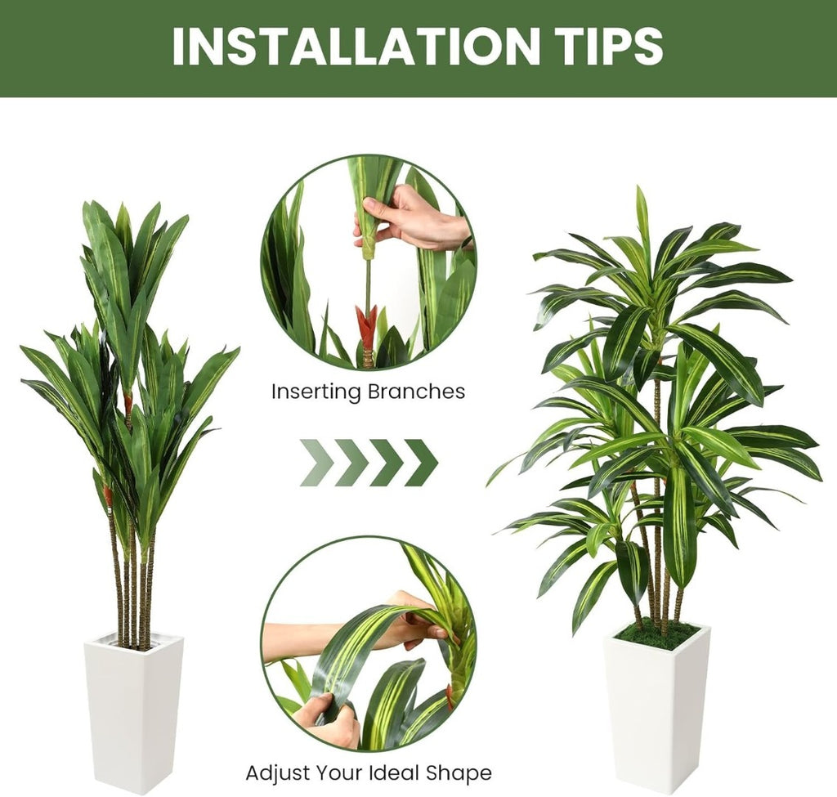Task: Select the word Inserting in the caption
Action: point(316,392)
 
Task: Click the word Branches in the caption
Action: point(416,392)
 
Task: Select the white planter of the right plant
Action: point(657,710)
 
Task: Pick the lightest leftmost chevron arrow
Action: point(318,463)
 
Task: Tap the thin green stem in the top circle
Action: point(368,283)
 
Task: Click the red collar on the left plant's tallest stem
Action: point(128,402)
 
